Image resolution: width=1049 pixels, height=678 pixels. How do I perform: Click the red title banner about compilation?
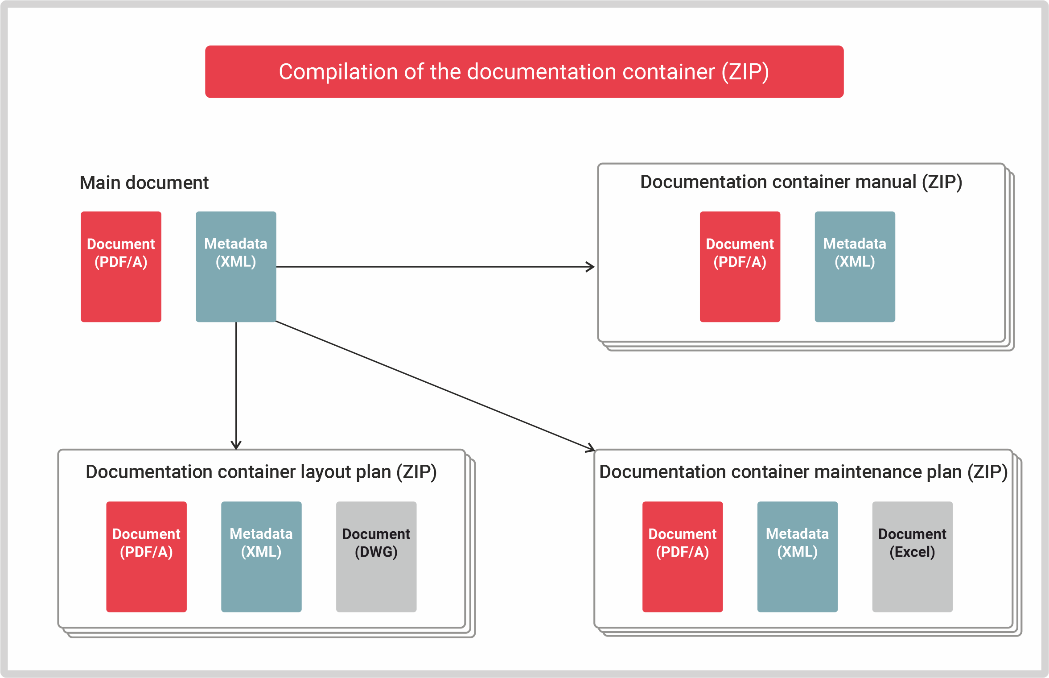coord(524,71)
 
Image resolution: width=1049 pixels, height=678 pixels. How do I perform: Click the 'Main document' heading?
coord(144,183)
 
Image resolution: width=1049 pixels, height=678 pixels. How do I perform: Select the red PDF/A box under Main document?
coord(121,267)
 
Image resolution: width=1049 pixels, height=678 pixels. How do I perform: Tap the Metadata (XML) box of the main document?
coord(236,267)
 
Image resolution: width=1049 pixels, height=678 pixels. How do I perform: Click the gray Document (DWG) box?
coord(376,557)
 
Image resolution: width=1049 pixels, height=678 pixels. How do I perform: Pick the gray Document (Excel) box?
coord(912,557)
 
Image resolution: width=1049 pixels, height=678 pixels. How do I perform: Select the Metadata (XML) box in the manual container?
coord(855,267)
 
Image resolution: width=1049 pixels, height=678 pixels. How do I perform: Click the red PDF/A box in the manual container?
coord(740,267)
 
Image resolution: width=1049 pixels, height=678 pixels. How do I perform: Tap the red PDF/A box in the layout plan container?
coord(146,557)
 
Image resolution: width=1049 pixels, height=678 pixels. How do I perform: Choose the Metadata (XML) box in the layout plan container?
coord(261,557)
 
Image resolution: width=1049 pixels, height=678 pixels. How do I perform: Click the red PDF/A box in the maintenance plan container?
coord(682,557)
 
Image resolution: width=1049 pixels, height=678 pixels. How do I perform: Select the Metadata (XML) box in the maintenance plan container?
coord(797,557)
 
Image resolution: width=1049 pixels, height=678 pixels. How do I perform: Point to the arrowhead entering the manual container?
coord(591,267)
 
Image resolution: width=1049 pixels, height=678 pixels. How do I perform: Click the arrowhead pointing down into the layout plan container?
coord(236,446)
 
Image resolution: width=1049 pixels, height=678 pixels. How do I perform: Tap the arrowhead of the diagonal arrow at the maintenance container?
coord(590,448)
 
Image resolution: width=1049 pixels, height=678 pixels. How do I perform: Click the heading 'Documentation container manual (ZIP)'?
coord(801,182)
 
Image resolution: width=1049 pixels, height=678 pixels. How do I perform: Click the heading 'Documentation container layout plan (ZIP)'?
coord(261,472)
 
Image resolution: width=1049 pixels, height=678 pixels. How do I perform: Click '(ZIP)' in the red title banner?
coord(745,71)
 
